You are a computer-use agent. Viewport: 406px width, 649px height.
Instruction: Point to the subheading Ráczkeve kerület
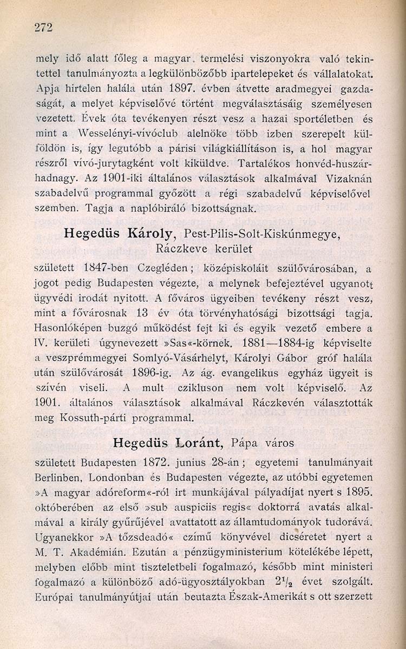click(x=204, y=249)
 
